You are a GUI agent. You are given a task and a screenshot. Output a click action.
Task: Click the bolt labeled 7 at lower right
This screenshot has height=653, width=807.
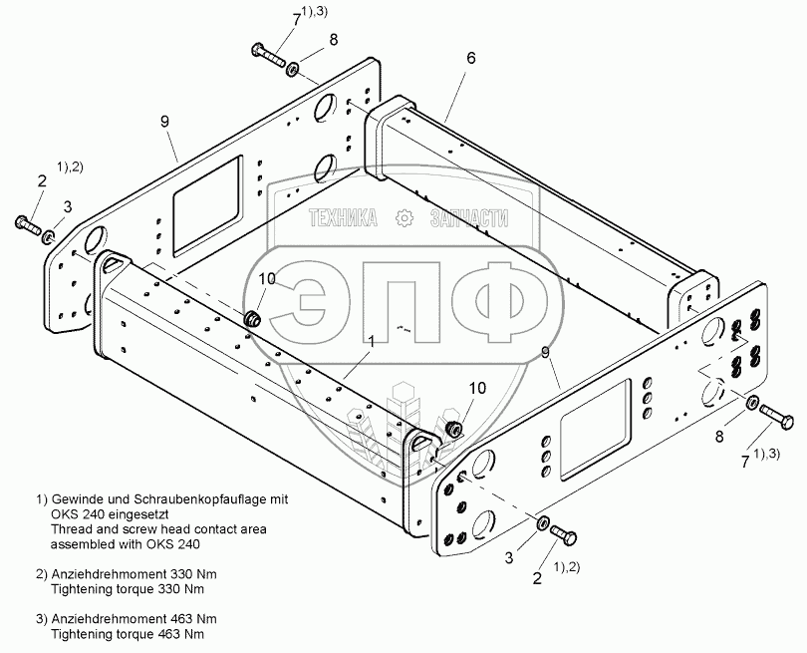[777, 419]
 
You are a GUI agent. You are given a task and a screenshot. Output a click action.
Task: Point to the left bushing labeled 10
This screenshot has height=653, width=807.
[253, 319]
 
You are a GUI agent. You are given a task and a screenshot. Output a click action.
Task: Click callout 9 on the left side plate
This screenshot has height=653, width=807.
[165, 121]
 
